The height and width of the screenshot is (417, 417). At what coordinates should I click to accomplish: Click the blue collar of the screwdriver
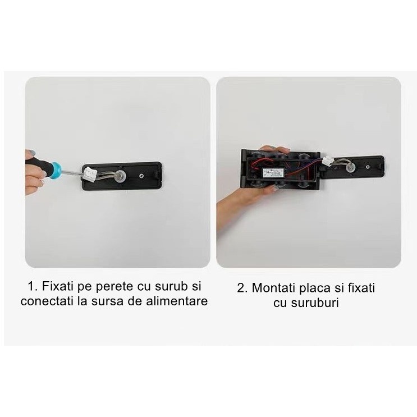click(56, 170)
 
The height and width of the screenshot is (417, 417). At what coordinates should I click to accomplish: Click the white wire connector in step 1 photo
click(89, 173)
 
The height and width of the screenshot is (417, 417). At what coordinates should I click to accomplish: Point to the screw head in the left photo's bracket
click(142, 176)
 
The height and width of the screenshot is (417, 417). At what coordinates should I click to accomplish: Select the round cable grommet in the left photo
click(121, 176)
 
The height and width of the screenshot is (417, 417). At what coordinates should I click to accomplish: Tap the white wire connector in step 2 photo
click(328, 161)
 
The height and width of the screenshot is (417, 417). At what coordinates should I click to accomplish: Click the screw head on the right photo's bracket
click(368, 167)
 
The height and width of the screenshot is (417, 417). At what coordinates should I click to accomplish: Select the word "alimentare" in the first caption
click(177, 301)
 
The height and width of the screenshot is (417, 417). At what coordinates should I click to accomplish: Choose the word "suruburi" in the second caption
click(315, 303)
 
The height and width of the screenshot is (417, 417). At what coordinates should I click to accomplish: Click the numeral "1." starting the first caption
click(33, 286)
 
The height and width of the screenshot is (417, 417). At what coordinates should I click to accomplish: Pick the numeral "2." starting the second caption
click(242, 288)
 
